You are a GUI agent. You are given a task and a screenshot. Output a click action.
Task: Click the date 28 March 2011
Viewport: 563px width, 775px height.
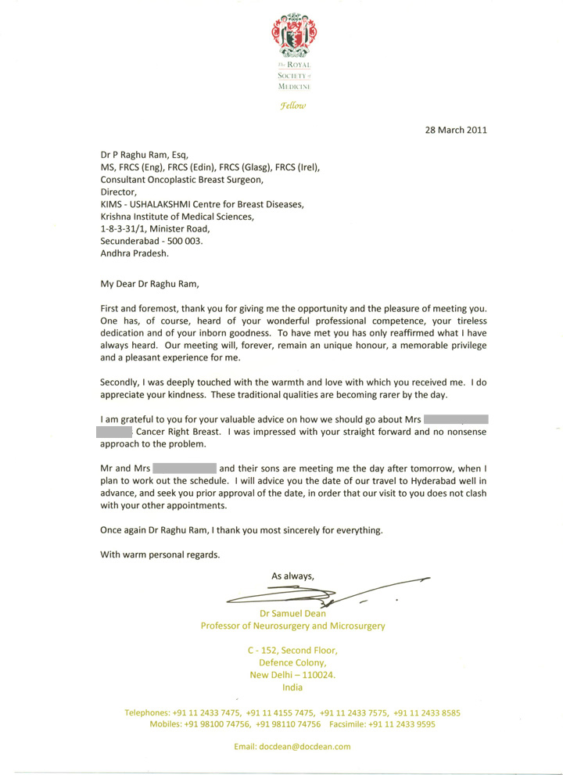coord(451,130)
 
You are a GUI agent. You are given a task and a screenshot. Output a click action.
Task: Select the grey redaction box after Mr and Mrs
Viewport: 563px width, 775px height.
coord(185,468)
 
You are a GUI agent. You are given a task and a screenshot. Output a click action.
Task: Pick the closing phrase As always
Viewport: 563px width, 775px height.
coord(292,576)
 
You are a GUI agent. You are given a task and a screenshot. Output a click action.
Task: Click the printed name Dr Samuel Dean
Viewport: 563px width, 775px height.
coord(293,613)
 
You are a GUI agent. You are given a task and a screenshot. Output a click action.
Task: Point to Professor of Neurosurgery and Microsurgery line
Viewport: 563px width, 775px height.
coord(293,626)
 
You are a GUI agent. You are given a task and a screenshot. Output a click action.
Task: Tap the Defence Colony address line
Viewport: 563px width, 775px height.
coord(292,663)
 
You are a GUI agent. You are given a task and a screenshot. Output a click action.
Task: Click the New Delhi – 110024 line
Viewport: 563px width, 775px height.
coord(292,676)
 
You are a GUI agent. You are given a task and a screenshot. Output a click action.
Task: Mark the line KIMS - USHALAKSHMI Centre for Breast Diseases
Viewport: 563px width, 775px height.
coord(202,204)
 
